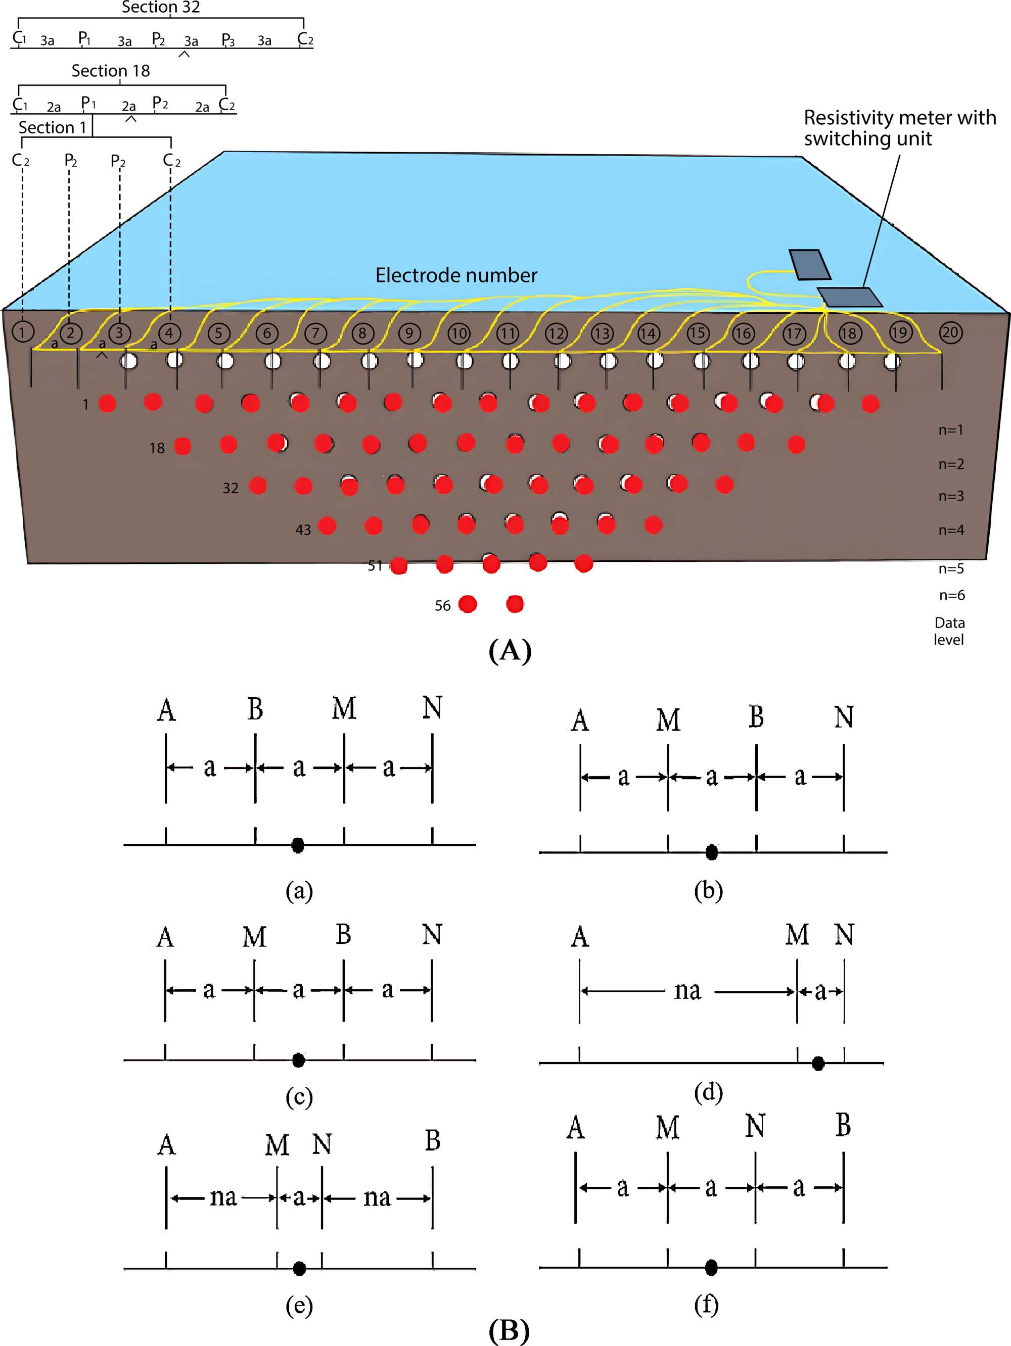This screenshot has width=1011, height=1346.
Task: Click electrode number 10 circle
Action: point(458,333)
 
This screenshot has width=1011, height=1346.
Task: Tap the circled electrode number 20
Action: point(950,332)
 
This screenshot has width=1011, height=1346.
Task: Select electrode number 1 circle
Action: point(23,331)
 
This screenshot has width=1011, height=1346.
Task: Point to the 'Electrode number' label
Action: point(456,275)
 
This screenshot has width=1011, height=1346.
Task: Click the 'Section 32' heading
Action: point(161,7)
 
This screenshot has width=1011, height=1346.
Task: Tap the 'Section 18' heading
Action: point(110,71)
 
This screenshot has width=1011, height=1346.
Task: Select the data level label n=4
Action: point(951,530)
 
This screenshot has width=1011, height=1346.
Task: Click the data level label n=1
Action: point(950,429)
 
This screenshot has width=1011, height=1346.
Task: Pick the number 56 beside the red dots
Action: point(442,605)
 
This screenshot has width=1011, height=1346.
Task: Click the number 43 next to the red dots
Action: point(303,530)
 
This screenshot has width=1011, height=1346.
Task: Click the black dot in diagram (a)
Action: point(298,845)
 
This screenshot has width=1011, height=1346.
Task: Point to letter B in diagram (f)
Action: point(843,1126)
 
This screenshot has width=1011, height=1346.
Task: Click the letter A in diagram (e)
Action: point(166,1145)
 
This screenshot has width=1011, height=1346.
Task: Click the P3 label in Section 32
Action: point(227,40)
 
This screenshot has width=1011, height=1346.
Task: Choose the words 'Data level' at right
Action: point(949,631)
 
